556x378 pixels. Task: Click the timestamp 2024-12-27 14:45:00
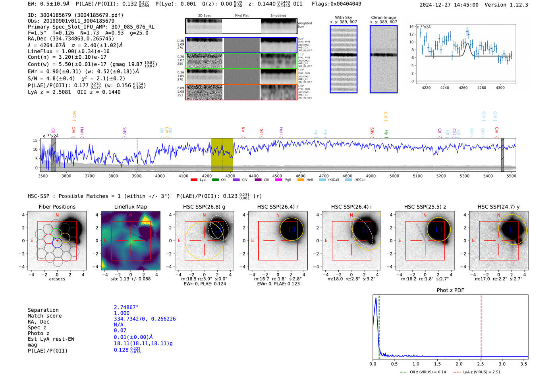pos(449,5)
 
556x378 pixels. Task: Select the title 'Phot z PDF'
pos(450,290)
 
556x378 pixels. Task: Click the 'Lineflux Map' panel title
pos(130,207)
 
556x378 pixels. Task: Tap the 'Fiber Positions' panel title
pos(57,207)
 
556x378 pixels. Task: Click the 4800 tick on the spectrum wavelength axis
pos(347,176)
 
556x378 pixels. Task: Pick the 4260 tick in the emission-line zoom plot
pos(463,88)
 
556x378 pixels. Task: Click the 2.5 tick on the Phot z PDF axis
pos(481,364)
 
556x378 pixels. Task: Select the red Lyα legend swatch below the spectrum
pos(194,180)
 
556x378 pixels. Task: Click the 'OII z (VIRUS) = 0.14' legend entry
pos(423,372)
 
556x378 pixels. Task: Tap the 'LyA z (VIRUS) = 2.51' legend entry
pos(477,372)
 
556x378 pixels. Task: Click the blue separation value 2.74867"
pos(126,307)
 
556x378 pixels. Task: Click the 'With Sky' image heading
pos(343,17)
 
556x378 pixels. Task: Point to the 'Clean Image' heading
pos(383,17)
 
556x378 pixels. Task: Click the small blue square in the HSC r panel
pos(292,229)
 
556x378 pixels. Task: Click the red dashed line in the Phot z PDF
pos(481,325)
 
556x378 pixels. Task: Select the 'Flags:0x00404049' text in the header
pos(336,4)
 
